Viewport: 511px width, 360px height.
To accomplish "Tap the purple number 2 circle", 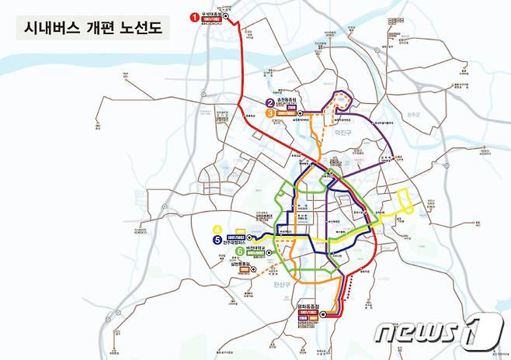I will click(270, 103).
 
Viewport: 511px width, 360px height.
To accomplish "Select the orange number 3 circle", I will click(270, 113).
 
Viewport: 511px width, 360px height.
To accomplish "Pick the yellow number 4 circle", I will click(217, 229).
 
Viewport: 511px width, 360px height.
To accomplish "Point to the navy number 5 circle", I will click(217, 240).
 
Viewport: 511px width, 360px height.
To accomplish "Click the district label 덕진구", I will click(343, 133).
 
